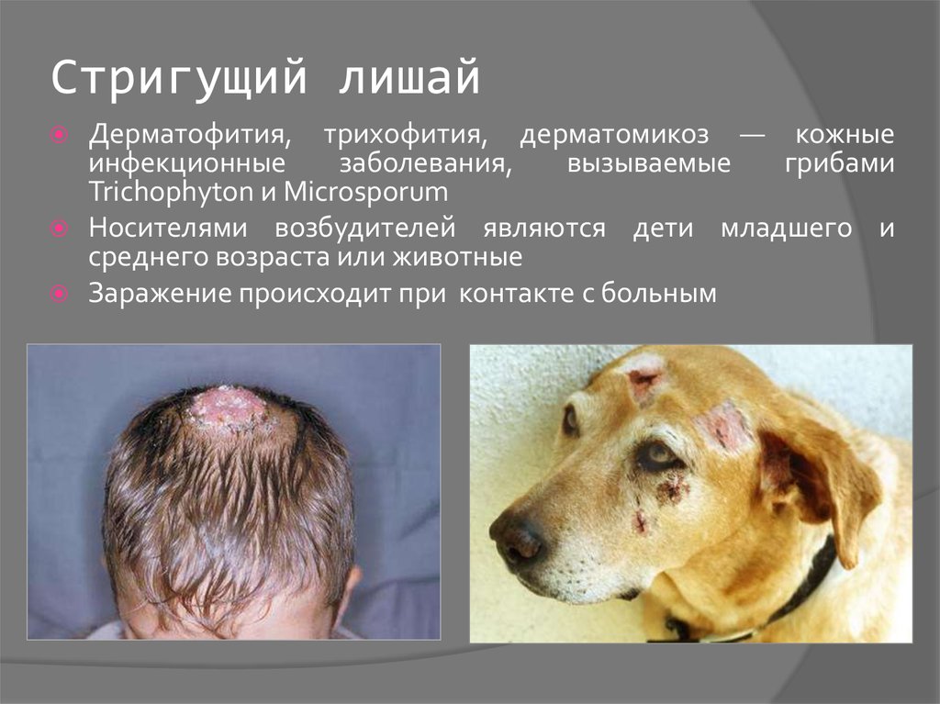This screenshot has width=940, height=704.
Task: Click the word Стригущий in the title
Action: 179,77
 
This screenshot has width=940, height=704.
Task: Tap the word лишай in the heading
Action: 409,77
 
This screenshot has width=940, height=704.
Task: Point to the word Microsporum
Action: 365,192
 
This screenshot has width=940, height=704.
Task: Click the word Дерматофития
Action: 189,134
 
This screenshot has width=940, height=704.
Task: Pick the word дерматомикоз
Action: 614,134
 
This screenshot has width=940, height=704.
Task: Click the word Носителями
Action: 168,228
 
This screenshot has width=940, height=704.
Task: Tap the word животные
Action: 457,257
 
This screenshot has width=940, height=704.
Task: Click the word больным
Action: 659,293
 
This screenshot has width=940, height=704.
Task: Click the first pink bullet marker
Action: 60,135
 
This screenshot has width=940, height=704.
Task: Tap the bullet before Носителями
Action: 60,229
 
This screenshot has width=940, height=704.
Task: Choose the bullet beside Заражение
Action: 60,294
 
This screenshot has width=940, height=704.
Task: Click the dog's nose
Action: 516,535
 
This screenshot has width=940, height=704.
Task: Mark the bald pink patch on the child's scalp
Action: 229,408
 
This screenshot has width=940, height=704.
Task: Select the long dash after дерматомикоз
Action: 752,136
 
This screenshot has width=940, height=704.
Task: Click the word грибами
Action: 839,163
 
